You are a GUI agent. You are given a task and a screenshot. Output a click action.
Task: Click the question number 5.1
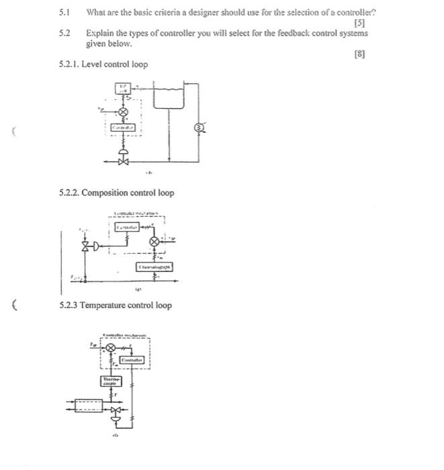point(64,12)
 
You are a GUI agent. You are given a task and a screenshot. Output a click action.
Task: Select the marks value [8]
point(360,54)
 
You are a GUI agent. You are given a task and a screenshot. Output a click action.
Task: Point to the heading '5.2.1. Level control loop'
point(103,64)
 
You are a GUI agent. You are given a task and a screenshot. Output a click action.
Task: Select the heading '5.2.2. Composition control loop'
point(117,193)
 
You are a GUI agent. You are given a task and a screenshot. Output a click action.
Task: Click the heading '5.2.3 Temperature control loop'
point(116,305)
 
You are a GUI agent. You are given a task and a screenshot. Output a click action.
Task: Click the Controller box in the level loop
point(122,128)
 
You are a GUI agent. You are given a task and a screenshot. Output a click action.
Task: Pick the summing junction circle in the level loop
point(122,111)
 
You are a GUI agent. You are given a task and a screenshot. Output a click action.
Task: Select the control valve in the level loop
point(122,161)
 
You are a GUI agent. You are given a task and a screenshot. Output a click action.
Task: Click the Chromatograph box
point(155,267)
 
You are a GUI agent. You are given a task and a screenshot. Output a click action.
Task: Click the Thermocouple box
point(109,381)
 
